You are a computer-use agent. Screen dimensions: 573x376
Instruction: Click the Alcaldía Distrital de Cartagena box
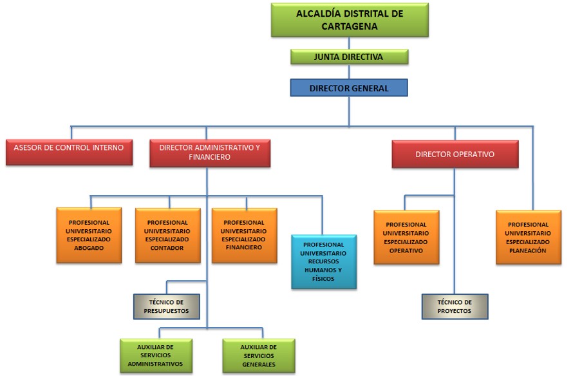pyautogui.click(x=350, y=20)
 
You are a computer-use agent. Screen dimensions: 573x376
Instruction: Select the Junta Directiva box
pyautogui.click(x=350, y=57)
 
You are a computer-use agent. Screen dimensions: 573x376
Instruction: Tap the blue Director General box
pyautogui.click(x=349, y=88)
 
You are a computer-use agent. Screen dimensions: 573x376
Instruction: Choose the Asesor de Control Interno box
pyautogui.click(x=69, y=152)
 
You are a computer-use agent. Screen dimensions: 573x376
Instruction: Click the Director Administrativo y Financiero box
pyautogui.click(x=210, y=153)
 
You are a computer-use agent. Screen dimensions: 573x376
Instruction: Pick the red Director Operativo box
pyautogui.click(x=455, y=155)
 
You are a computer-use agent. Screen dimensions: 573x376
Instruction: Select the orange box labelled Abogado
pyautogui.click(x=89, y=235)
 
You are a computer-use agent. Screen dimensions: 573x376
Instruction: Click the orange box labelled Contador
pyautogui.click(x=168, y=235)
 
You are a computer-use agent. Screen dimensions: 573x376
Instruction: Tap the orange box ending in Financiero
pyautogui.click(x=245, y=235)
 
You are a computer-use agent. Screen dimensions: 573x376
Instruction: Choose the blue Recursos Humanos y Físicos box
pyautogui.click(x=324, y=261)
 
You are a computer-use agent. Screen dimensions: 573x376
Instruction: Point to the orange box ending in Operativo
pyautogui.click(x=406, y=237)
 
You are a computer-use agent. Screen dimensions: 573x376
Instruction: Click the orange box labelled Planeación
pyautogui.click(x=529, y=237)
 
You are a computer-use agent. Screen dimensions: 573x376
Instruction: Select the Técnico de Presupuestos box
pyautogui.click(x=167, y=306)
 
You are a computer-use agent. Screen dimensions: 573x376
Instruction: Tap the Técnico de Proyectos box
pyautogui.click(x=455, y=306)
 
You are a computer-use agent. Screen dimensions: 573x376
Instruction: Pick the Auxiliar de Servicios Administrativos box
pyautogui.click(x=156, y=355)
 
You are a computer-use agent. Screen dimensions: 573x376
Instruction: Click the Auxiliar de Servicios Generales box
pyautogui.click(x=259, y=355)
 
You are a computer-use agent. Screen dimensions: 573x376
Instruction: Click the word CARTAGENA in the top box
pyautogui.click(x=350, y=26)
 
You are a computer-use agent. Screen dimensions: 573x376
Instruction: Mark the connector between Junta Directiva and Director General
pyautogui.click(x=349, y=71)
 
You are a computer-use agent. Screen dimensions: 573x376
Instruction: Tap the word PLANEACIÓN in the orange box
pyautogui.click(x=528, y=250)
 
